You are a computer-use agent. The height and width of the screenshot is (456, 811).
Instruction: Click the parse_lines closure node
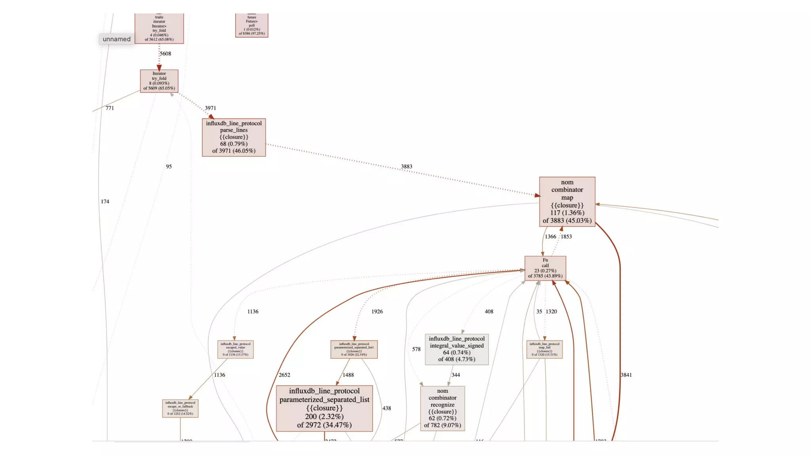click(234, 137)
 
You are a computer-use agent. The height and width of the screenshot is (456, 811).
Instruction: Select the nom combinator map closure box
click(567, 201)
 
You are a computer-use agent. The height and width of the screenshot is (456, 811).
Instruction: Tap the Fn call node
click(545, 268)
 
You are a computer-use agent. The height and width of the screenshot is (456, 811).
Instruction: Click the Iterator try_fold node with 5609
click(159, 81)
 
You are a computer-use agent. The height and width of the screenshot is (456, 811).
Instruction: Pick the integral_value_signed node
click(457, 349)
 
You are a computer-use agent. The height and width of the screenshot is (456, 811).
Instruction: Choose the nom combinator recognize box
click(442, 408)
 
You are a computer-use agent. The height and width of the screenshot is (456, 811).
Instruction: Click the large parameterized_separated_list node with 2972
click(324, 408)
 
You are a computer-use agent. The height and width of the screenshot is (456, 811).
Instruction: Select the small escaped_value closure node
click(235, 349)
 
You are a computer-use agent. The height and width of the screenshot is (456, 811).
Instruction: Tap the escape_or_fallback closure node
click(180, 408)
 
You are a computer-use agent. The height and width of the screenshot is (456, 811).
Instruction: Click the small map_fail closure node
click(544, 349)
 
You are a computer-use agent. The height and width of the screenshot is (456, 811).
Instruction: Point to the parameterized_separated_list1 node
click(354, 349)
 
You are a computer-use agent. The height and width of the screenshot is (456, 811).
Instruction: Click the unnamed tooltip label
click(116, 39)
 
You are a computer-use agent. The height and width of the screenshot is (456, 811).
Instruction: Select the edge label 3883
click(406, 167)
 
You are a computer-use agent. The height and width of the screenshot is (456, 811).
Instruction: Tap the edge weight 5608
click(166, 54)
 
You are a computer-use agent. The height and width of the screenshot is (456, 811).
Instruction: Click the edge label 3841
click(626, 375)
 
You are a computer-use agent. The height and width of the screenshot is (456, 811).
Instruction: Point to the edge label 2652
click(284, 375)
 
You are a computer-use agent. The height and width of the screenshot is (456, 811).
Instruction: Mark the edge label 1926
click(377, 312)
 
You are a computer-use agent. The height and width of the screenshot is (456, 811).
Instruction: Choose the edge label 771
click(110, 108)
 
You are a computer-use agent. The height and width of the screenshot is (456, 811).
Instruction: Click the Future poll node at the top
click(251, 25)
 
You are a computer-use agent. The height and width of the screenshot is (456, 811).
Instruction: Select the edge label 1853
click(566, 237)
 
